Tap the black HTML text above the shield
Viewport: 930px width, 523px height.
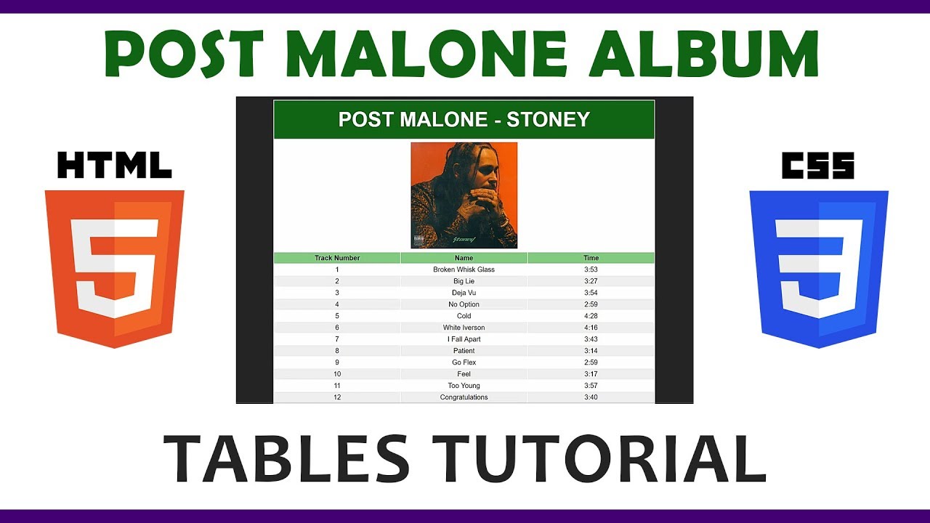114,166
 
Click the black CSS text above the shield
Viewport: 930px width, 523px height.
818,166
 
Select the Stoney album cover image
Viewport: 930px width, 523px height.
464,195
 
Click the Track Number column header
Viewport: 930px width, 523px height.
337,258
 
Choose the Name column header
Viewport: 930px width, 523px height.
464,258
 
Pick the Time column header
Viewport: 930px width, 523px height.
591,258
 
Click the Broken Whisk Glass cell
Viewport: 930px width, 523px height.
464,269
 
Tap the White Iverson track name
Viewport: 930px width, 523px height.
464,328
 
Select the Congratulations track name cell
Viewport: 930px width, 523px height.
464,397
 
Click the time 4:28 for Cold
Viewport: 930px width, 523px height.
591,316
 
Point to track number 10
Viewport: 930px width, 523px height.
337,374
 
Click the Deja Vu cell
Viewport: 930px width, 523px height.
464,293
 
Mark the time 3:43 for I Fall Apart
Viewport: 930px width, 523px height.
591,339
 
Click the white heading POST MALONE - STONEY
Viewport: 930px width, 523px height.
464,119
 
